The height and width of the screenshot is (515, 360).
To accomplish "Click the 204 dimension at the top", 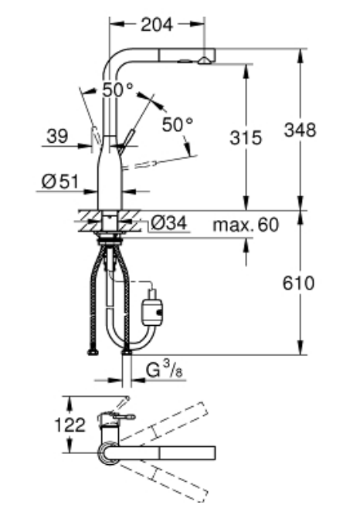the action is coord(157,25).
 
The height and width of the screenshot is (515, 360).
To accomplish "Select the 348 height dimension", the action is coord(300,130).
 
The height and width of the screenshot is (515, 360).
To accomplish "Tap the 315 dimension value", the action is coord(246,137).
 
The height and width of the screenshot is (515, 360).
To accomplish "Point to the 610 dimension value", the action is coord(298,283).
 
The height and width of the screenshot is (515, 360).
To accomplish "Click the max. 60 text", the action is coord(246,225).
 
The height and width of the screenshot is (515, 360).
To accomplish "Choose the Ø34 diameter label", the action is coord(169,222).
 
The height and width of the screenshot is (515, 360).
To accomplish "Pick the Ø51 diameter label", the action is coord(60,181).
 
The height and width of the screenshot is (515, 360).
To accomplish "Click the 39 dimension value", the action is coord(57,136).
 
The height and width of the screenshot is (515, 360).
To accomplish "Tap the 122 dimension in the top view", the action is coord(70,425).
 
